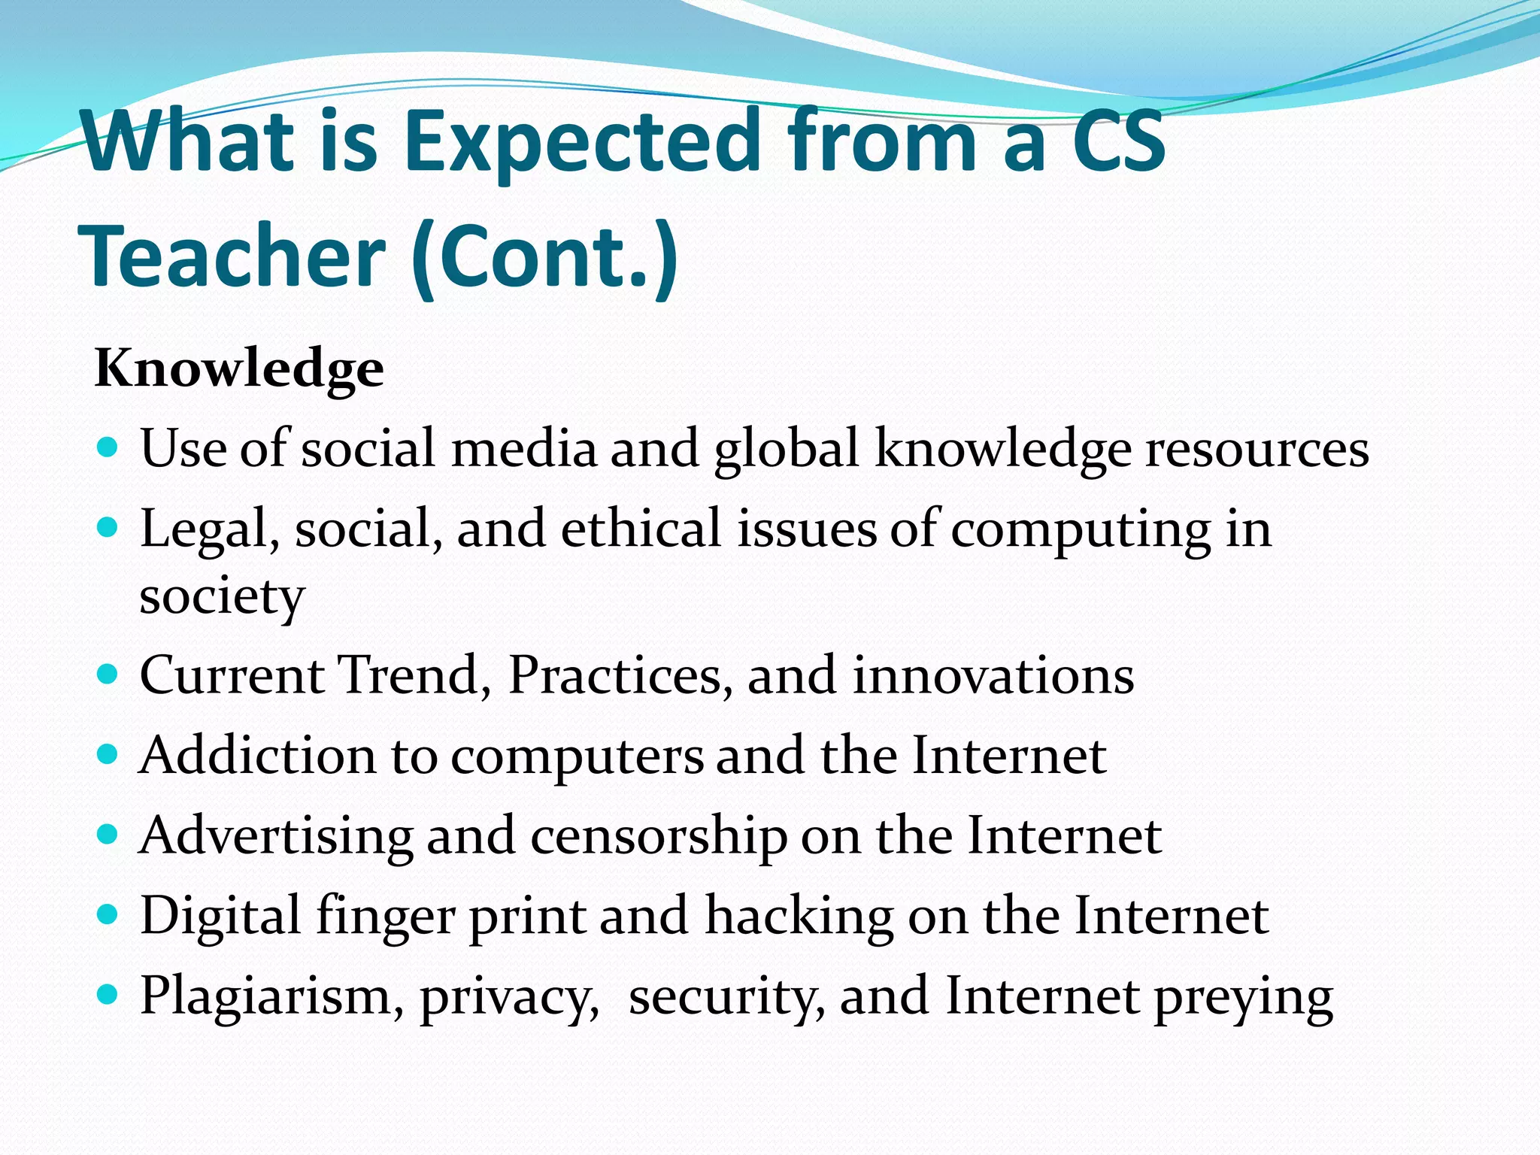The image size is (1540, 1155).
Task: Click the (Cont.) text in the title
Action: tap(545, 257)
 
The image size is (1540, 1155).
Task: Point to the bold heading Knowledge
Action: tap(239, 368)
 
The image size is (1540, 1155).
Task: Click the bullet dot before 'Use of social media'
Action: tap(108, 448)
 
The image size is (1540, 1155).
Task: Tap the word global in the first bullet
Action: tap(786, 450)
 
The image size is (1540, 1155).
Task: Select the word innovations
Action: tap(993, 675)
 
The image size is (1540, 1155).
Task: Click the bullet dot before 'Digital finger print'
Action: tap(108, 914)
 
